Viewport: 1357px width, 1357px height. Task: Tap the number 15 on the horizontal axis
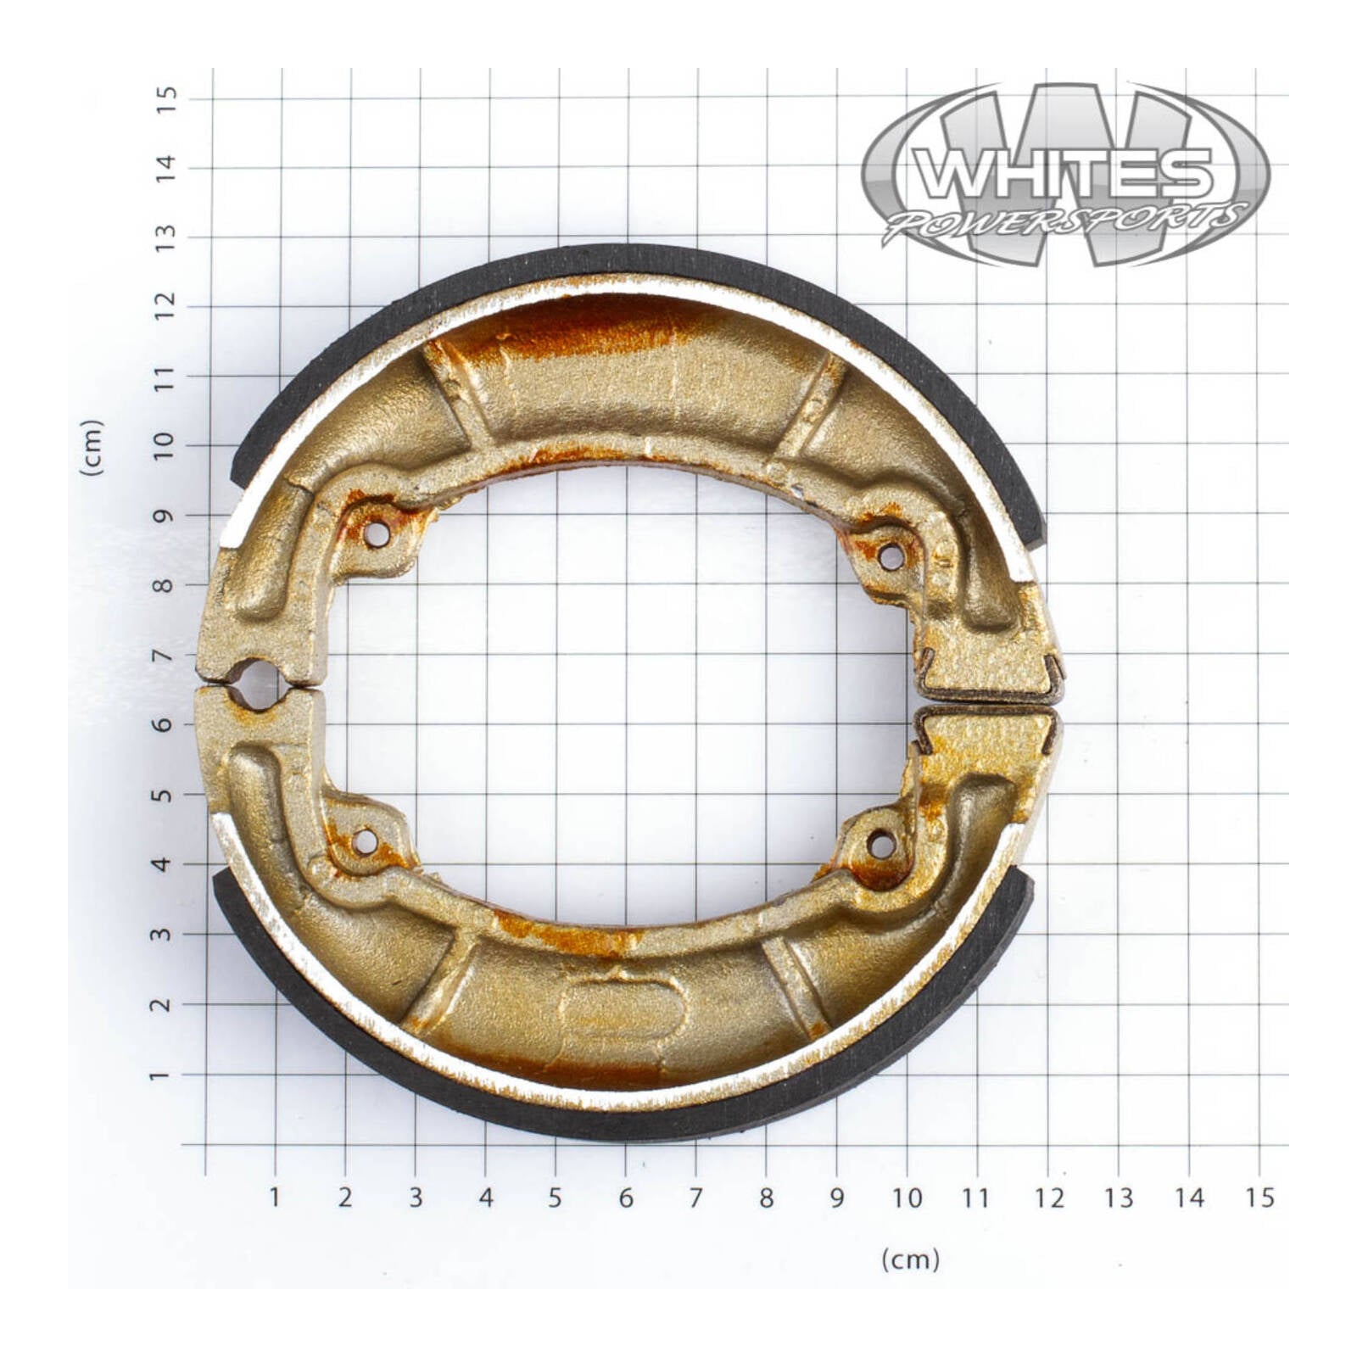tap(1259, 1198)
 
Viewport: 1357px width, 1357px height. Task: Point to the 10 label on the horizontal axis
tap(907, 1198)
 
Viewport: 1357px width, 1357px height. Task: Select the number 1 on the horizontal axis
tap(275, 1198)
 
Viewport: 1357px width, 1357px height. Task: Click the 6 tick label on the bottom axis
tap(626, 1198)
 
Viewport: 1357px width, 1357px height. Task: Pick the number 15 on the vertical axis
tap(166, 92)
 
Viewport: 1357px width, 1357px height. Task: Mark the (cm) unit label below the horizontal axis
tap(911, 1259)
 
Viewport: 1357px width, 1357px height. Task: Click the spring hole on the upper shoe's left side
tap(377, 534)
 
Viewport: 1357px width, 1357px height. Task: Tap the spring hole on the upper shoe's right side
tap(891, 556)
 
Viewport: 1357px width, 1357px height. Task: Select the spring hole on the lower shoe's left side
tap(366, 841)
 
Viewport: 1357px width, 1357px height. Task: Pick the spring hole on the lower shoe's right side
tap(882, 844)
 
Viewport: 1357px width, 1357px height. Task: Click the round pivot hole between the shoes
tap(254, 684)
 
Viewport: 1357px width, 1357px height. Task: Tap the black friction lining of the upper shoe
tap(628, 259)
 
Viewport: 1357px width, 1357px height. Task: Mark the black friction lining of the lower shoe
tap(628, 1125)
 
